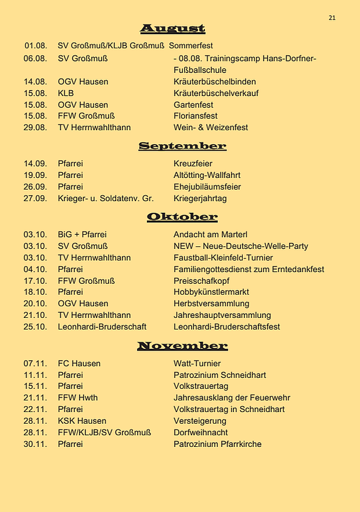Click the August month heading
click(x=172, y=28)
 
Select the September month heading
click(x=182, y=146)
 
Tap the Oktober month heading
click(x=182, y=217)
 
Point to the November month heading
click(x=182, y=346)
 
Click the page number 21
click(x=332, y=18)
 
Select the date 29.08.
click(x=35, y=127)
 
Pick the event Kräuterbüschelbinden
click(x=214, y=81)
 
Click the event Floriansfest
click(x=195, y=116)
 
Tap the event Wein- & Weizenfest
click(x=210, y=127)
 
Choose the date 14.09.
click(x=35, y=164)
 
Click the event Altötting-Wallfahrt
click(x=207, y=175)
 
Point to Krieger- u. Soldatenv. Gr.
click(x=106, y=198)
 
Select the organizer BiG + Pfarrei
click(x=82, y=235)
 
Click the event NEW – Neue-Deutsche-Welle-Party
click(x=240, y=246)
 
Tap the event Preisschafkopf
click(x=199, y=281)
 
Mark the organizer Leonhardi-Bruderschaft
click(x=102, y=327)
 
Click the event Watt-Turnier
click(x=195, y=364)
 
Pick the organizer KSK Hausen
click(x=82, y=421)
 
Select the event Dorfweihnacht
click(x=200, y=432)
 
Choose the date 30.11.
click(x=35, y=444)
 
